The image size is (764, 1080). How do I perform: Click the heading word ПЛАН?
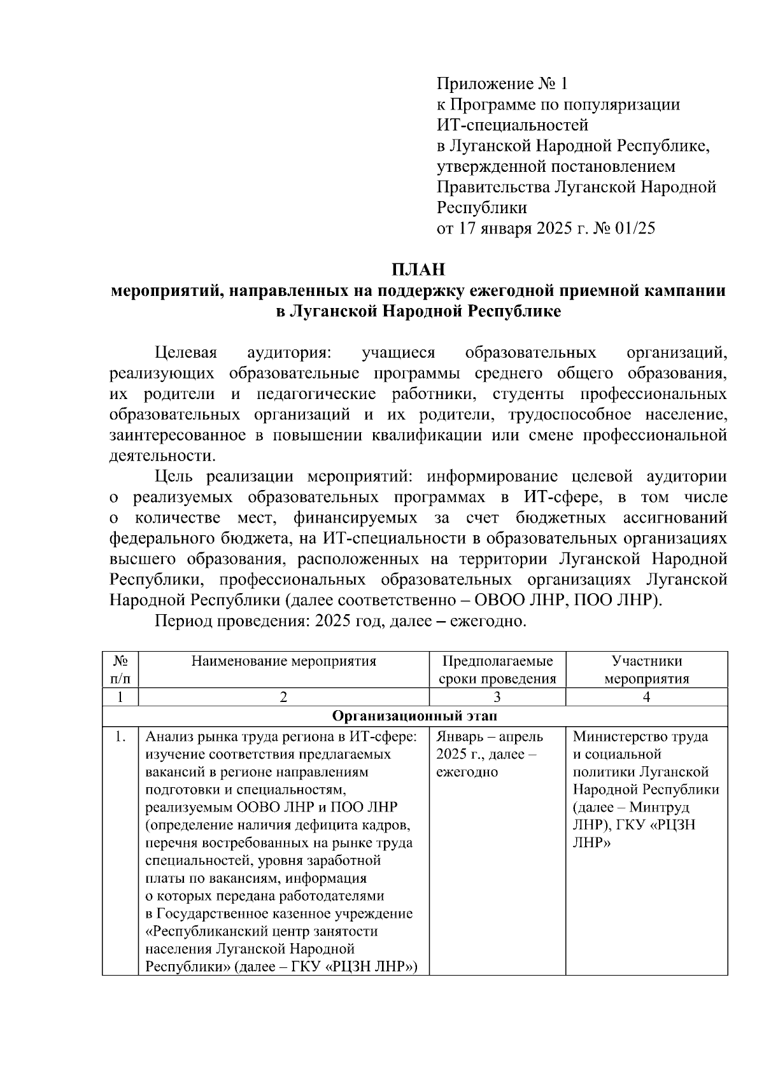pyautogui.click(x=418, y=269)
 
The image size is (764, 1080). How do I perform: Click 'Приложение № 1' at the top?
pyautogui.click(x=501, y=83)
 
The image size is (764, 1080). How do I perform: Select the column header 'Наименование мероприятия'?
pyautogui.click(x=283, y=661)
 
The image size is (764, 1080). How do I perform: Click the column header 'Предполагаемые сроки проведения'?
pyautogui.click(x=497, y=670)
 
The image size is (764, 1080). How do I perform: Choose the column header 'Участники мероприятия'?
pyautogui.click(x=646, y=670)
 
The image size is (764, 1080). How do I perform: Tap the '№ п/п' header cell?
pyautogui.click(x=120, y=670)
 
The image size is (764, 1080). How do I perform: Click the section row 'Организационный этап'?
pyautogui.click(x=414, y=716)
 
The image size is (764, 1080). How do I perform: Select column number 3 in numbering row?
pyautogui.click(x=497, y=697)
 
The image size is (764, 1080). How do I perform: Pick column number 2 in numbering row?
pyautogui.click(x=283, y=697)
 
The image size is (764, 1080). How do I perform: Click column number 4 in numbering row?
pyautogui.click(x=646, y=697)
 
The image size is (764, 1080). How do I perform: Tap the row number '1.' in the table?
pyautogui.click(x=119, y=737)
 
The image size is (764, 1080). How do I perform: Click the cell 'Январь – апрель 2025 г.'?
pyautogui.click(x=490, y=746)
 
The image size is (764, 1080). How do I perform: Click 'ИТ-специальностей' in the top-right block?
pyautogui.click(x=512, y=125)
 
